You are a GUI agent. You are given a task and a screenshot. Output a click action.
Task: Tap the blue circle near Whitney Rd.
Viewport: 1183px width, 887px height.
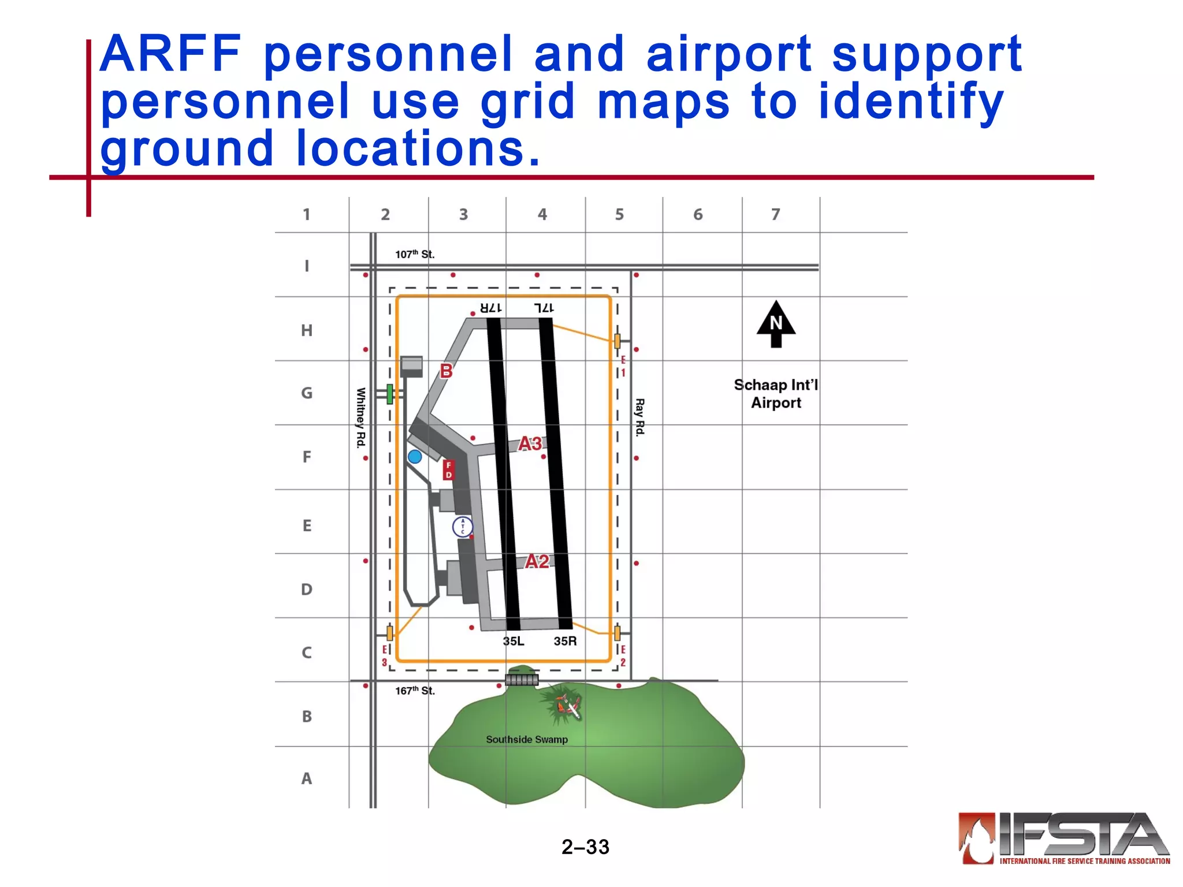tap(415, 457)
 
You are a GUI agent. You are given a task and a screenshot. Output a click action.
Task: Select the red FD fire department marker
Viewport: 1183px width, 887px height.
tap(449, 470)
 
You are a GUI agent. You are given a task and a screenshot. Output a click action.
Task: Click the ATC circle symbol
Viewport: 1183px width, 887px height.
tap(462, 527)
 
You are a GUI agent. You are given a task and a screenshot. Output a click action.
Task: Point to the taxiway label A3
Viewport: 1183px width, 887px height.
tap(530, 443)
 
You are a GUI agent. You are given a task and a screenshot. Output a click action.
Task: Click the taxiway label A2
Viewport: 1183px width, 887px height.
tap(537, 561)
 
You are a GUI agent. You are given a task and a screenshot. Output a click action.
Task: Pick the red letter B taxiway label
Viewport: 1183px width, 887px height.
tap(446, 371)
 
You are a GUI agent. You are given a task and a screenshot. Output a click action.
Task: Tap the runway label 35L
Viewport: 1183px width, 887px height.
tap(513, 641)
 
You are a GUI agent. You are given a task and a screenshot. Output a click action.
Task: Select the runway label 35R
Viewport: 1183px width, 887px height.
tap(565, 641)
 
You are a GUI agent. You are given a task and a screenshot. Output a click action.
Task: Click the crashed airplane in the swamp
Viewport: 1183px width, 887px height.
tap(568, 706)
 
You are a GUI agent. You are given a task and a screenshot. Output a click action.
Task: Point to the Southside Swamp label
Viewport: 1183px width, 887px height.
tap(527, 739)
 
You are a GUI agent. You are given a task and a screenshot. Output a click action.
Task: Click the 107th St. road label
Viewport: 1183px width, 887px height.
tap(415, 254)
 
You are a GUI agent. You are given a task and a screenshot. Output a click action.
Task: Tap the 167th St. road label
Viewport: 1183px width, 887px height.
tap(415, 691)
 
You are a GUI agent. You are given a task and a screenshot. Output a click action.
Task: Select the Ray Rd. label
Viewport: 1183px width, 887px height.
tap(639, 417)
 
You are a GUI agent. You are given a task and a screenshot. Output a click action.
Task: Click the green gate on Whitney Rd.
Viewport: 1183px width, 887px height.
tap(390, 394)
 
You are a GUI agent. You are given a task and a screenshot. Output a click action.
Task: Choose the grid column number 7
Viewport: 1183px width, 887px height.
tap(776, 215)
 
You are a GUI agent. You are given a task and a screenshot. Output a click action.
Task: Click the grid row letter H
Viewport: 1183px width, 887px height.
tap(307, 330)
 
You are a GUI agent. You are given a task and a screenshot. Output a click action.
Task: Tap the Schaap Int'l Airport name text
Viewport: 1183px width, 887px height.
tap(776, 394)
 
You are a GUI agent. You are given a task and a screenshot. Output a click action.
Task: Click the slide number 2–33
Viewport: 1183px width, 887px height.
tap(585, 847)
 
